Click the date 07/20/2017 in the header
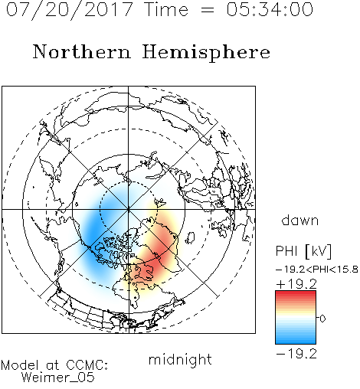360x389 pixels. (70, 9)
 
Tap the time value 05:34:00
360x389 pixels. (270, 9)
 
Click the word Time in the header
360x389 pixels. (166, 9)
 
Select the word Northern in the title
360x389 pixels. (82, 51)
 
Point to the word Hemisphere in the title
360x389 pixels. (206, 53)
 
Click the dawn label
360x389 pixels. (300, 220)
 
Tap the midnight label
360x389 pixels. (180, 359)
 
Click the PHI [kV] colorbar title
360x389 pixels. (303, 251)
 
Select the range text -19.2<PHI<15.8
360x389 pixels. (317, 270)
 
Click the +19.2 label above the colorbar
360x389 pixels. (296, 284)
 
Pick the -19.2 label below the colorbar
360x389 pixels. (296, 354)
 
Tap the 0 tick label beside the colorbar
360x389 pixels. (322, 319)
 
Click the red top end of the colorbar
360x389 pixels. (296, 293)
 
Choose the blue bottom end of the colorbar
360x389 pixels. (296, 341)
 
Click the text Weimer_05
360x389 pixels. (58, 378)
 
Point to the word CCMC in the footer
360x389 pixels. (86, 365)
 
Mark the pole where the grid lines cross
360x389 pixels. (129, 209)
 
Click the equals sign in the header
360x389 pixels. (208, 11)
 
